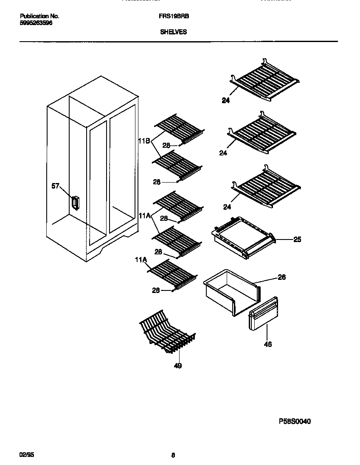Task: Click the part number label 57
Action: click(x=55, y=186)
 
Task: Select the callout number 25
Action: click(x=297, y=240)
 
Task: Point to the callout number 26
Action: click(x=281, y=277)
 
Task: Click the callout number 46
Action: click(x=267, y=344)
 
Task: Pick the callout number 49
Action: click(x=178, y=365)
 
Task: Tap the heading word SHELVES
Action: click(x=173, y=32)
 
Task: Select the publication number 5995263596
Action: click(x=37, y=23)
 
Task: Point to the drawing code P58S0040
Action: click(x=295, y=421)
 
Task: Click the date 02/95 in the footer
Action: click(x=26, y=454)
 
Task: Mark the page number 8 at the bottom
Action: click(x=173, y=455)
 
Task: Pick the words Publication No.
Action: click(x=39, y=16)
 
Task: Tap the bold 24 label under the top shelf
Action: click(x=226, y=101)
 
